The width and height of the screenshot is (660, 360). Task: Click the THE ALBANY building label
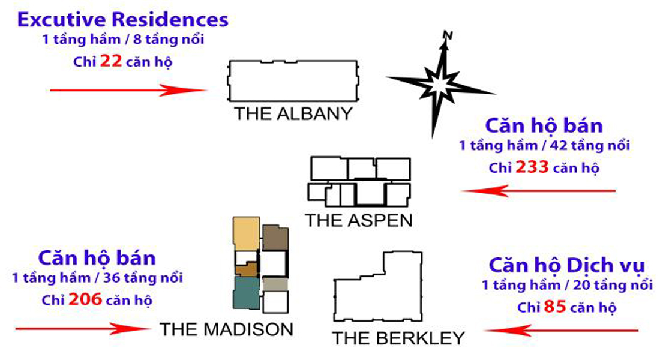(x=293, y=114)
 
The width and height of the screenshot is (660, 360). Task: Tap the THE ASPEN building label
(x=359, y=220)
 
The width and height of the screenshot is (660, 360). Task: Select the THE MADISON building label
(x=226, y=329)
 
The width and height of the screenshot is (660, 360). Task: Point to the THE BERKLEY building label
(x=399, y=338)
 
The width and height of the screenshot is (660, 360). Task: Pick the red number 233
(x=532, y=167)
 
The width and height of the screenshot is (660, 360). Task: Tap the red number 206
(x=86, y=299)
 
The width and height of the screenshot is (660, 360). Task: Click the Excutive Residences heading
(x=123, y=19)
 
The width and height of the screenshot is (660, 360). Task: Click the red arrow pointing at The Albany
(x=129, y=91)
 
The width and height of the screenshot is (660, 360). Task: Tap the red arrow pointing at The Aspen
(x=538, y=191)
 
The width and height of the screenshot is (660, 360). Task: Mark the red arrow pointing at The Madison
(x=83, y=328)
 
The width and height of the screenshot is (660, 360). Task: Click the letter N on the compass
(x=446, y=35)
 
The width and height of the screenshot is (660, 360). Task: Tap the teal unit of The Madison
(x=246, y=292)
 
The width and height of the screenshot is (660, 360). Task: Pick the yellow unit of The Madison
(x=246, y=234)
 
